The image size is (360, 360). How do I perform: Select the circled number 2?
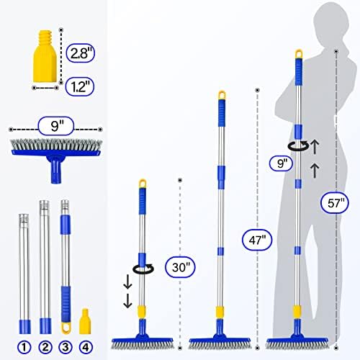pos(45,346)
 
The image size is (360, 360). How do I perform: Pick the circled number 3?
pos(67,346)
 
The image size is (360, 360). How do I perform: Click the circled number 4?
pos(88,346)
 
